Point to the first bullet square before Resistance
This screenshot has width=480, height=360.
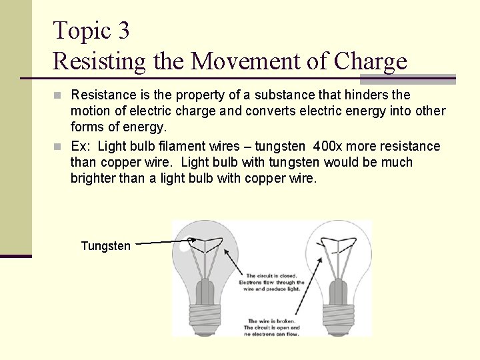(x=58, y=95)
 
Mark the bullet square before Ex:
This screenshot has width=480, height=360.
(x=58, y=146)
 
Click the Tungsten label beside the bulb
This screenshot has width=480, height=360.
(x=105, y=246)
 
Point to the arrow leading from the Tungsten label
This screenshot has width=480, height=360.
(x=164, y=242)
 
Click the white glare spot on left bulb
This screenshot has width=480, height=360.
(x=184, y=247)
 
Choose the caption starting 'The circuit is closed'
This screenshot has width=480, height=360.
(x=271, y=283)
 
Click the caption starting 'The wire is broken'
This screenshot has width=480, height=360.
(x=271, y=327)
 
